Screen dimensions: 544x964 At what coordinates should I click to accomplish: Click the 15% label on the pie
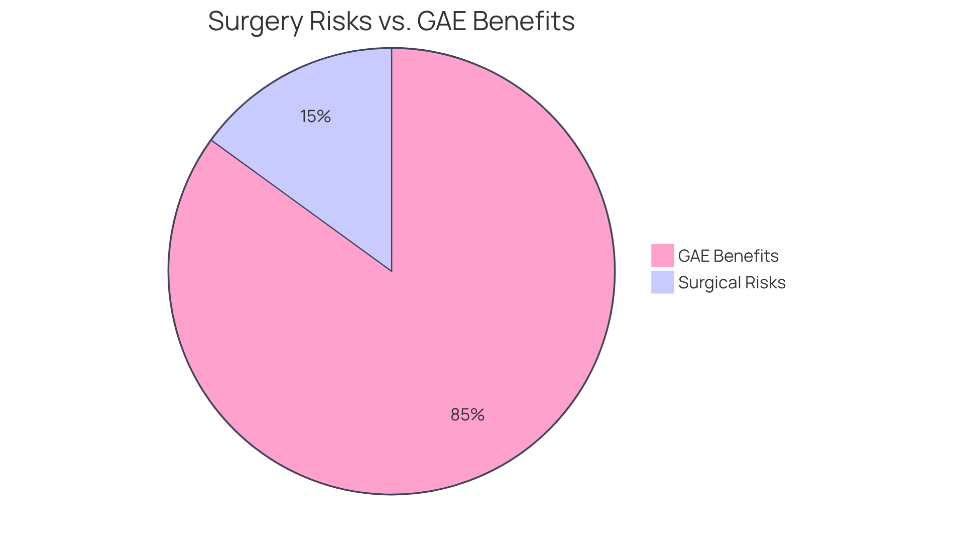coord(315,117)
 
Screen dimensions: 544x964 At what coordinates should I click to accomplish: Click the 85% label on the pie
coord(467,415)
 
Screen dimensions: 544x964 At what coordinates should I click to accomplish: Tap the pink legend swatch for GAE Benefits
coord(662,256)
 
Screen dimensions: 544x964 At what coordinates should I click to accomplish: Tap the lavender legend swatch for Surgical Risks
coord(662,282)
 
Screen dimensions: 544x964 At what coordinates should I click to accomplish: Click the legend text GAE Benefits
coord(728,256)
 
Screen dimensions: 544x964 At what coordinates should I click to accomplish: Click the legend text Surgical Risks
coord(732,283)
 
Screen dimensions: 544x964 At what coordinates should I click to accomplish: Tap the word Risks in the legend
coord(766,283)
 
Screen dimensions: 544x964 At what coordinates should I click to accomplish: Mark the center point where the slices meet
coord(392,271)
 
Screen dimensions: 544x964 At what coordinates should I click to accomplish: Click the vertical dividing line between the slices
coord(392,161)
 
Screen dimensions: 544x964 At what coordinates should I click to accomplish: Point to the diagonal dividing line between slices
coord(301,205)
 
